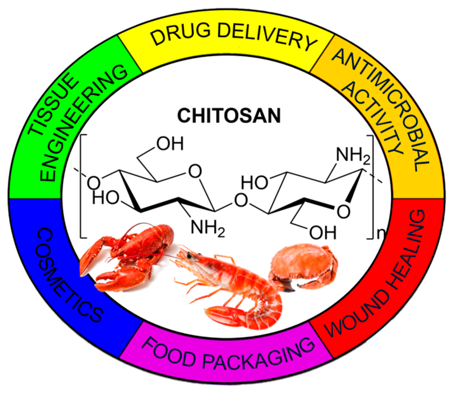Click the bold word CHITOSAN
pyautogui.click(x=229, y=116)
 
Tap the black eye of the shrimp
pyautogui.click(x=189, y=255)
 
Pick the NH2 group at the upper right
pyautogui.click(x=352, y=155)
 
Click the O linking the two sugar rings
pyautogui.click(x=241, y=200)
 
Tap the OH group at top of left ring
pyautogui.click(x=170, y=144)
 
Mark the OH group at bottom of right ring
pyautogui.click(x=323, y=233)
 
